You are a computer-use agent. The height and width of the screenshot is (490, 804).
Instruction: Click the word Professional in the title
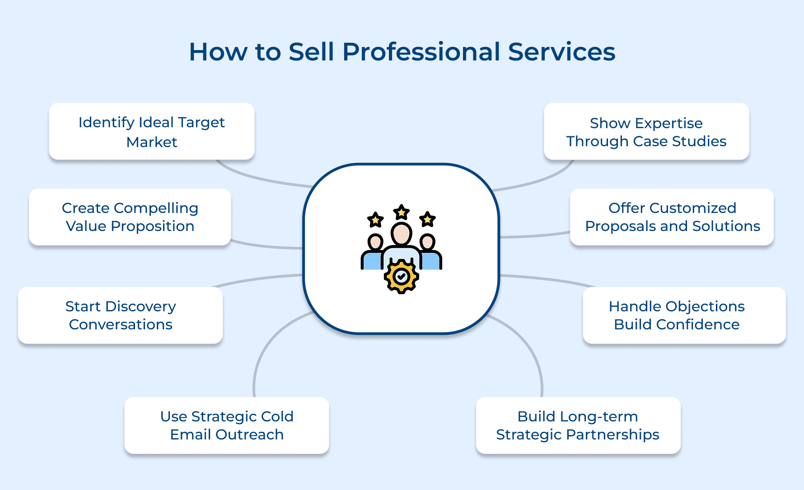421,52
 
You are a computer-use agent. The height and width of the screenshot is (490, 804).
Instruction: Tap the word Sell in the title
311,52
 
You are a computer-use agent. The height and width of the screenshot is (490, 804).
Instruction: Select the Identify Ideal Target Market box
151,131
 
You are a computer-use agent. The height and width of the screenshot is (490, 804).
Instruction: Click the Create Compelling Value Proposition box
130,217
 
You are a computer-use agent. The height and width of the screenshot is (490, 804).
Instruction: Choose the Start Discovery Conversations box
120,315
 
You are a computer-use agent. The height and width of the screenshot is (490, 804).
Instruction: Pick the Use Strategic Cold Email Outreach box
226,425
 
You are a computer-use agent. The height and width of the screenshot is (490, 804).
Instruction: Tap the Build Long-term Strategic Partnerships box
578,425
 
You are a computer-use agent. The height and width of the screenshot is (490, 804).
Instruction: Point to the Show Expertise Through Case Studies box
646,131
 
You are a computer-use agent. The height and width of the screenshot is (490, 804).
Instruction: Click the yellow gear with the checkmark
401,276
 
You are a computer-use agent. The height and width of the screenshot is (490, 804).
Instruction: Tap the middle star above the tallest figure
401,212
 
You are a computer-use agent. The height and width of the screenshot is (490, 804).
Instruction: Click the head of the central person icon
401,234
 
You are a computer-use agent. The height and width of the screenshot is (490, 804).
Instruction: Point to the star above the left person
375,220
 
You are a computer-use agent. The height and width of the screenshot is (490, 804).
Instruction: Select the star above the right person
427,219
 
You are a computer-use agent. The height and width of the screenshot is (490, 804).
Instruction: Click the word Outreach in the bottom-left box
249,435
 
